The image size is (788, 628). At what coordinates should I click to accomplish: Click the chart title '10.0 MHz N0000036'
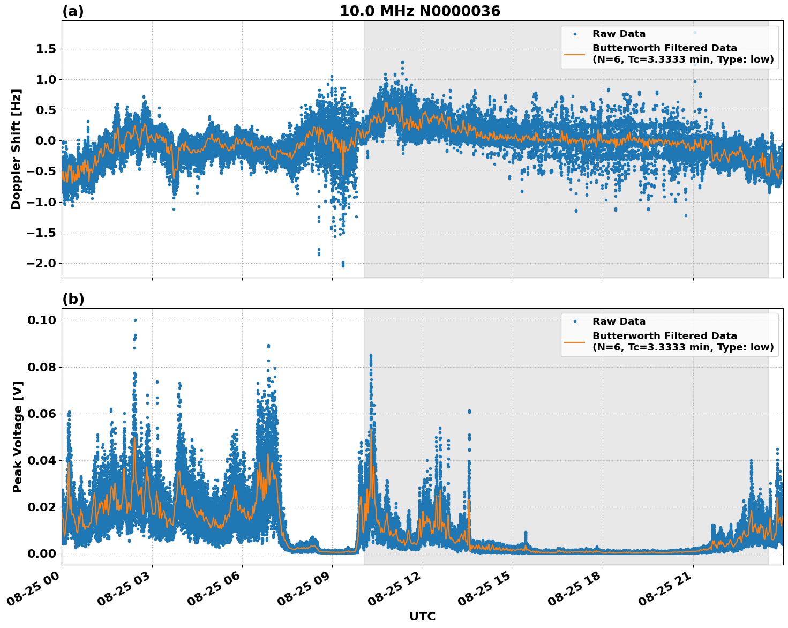pyautogui.click(x=419, y=11)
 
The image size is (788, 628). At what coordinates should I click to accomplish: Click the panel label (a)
pyautogui.click(x=73, y=11)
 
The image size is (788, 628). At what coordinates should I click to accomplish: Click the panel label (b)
pyautogui.click(x=73, y=299)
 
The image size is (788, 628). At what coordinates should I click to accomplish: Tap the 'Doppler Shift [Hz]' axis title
pyautogui.click(x=16, y=149)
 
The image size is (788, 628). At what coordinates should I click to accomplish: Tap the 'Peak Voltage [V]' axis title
pyautogui.click(x=17, y=437)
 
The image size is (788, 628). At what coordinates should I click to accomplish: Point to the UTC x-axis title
pyautogui.click(x=422, y=616)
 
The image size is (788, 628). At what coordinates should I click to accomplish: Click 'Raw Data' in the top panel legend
pyautogui.click(x=619, y=34)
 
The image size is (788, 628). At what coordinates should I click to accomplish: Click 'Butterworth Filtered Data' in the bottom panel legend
pyautogui.click(x=664, y=336)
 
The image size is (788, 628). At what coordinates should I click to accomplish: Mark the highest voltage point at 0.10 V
pyautogui.click(x=135, y=320)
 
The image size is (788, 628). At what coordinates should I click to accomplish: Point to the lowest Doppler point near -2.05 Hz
pyautogui.click(x=343, y=265)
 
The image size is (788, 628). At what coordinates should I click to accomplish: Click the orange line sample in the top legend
pyautogui.click(x=575, y=54)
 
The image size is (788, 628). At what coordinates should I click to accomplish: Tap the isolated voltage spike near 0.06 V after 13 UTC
pyautogui.click(x=469, y=411)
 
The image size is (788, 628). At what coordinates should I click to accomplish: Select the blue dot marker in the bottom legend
pyautogui.click(x=575, y=322)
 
